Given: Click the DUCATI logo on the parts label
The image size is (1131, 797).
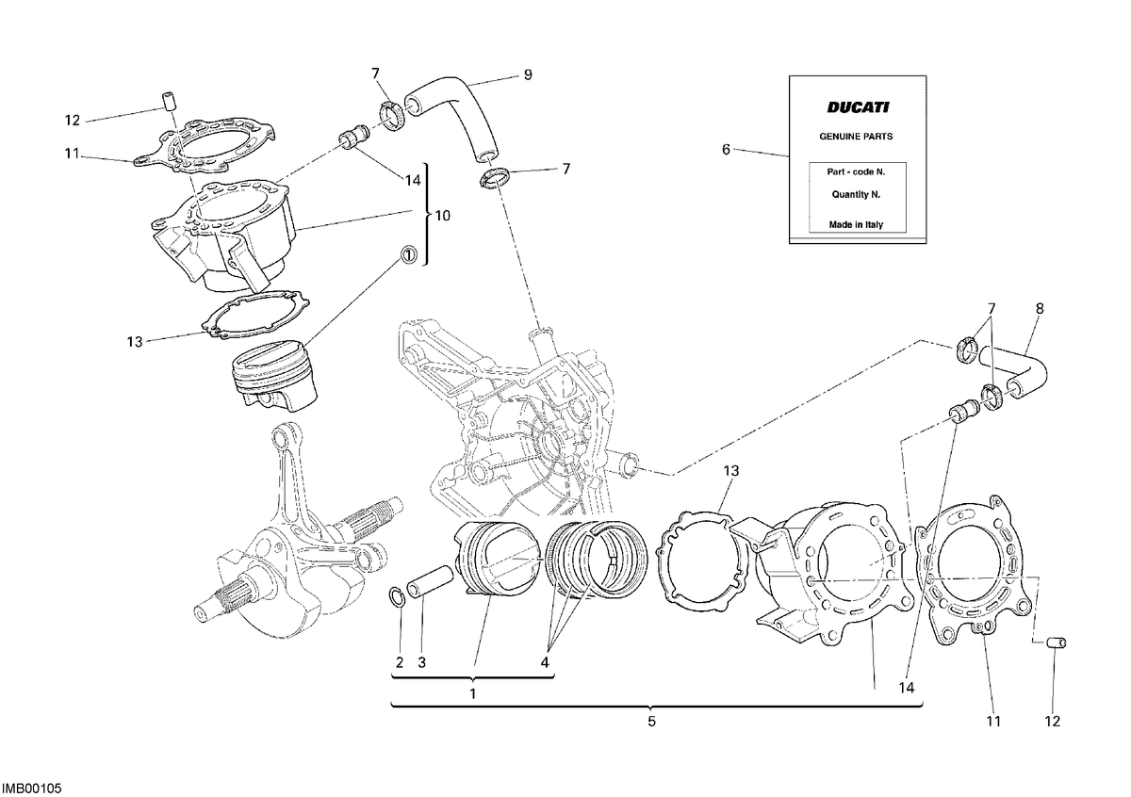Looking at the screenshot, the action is pos(858,107).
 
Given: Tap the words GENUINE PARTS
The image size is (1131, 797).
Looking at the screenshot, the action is pos(856,137).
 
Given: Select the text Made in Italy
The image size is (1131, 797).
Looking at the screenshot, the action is pos(856,224).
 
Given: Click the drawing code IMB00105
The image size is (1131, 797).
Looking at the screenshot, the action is pos(31,788).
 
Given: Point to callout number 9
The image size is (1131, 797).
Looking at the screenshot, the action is pos(528,75).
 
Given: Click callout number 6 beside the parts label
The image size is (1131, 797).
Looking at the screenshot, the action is pos(726,150).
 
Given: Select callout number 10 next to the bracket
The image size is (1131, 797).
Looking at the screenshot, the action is pos(442,216).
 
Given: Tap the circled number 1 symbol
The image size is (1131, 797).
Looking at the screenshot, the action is pos(408,254).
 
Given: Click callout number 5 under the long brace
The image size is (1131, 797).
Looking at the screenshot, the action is pos(651,722).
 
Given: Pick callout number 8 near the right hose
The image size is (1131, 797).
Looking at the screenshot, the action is pos(1039,308).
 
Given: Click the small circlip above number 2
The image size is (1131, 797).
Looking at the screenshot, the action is pos(397,595).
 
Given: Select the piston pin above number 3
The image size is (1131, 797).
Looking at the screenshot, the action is pos(429,581).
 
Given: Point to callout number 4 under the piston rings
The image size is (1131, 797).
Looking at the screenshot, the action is pos(545,662).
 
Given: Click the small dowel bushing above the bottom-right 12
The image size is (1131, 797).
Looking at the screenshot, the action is pos(1056,642).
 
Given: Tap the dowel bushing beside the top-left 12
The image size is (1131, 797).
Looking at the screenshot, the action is pos(167,101).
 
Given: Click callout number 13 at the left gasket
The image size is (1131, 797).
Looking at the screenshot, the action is pos(135,342).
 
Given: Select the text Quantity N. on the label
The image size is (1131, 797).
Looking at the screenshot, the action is pos(856,194).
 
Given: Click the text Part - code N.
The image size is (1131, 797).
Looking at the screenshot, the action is pos(856,171).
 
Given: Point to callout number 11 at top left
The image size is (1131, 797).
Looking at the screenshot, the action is pos(73,153).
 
